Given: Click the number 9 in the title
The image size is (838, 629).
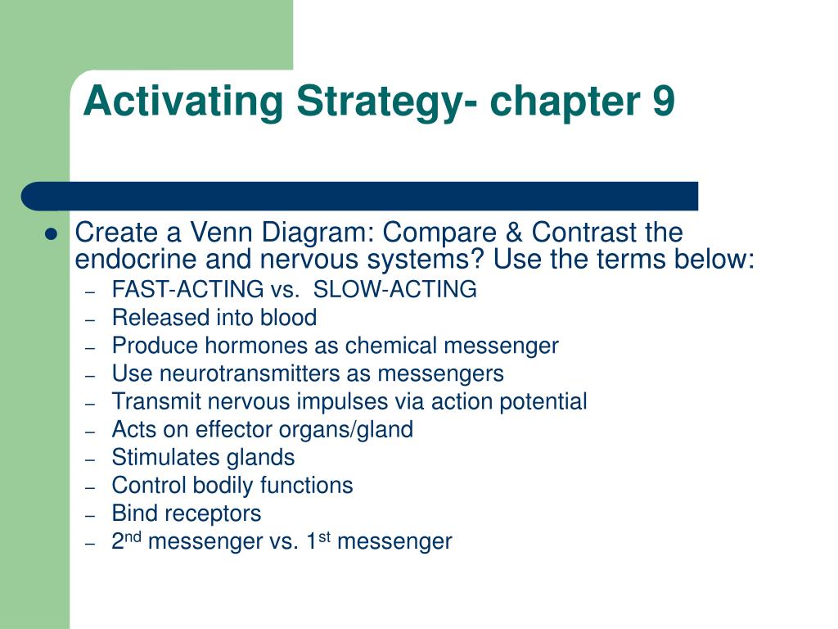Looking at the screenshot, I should point(662,102).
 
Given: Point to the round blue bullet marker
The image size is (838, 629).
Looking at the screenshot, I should point(51,234).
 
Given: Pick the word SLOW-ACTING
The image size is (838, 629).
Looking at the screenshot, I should point(395,289).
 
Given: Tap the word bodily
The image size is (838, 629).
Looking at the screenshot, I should point(223,485).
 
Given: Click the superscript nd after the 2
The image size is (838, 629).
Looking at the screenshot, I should point(133,536).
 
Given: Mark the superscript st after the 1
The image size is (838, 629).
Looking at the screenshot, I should point(323,536).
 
